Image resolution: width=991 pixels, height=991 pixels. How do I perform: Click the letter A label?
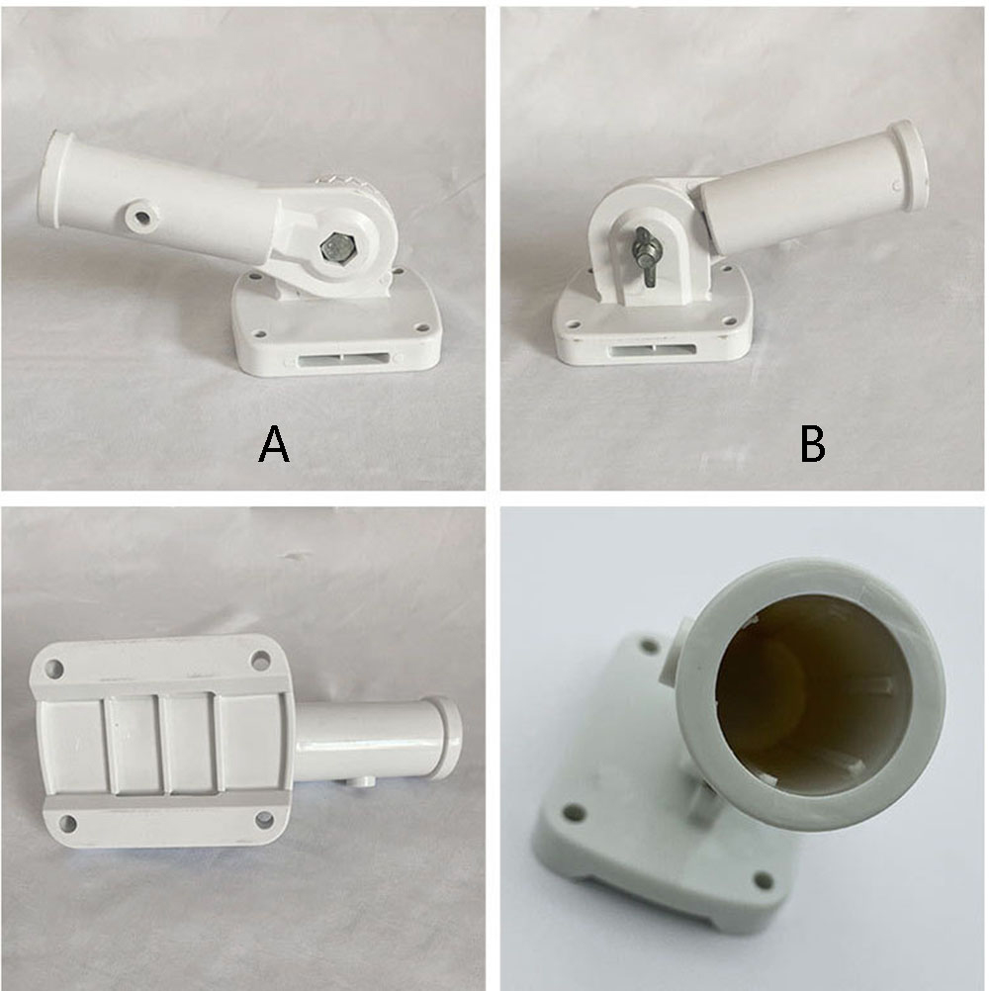click(274, 444)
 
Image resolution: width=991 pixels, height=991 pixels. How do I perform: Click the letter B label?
click(812, 444)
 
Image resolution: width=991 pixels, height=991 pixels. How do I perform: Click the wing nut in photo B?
click(647, 257)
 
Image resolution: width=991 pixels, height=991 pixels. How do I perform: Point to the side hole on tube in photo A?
click(141, 218)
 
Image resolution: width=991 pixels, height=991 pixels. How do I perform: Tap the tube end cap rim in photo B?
click(908, 165)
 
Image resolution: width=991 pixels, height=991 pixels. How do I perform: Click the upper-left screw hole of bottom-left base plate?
click(55, 668)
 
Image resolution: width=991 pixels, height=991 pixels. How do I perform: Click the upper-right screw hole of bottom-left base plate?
click(260, 661)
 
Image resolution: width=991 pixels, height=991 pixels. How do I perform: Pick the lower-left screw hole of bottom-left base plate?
click(67, 824)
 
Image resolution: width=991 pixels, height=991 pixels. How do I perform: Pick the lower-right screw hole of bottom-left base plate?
click(264, 820)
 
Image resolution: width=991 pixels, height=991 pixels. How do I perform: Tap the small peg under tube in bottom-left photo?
click(361, 782)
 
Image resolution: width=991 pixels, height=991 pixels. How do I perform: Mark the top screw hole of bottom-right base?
click(649, 647)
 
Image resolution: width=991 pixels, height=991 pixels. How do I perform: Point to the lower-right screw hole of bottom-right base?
click(764, 879)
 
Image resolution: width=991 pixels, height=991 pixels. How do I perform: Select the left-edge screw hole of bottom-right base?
click(573, 811)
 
